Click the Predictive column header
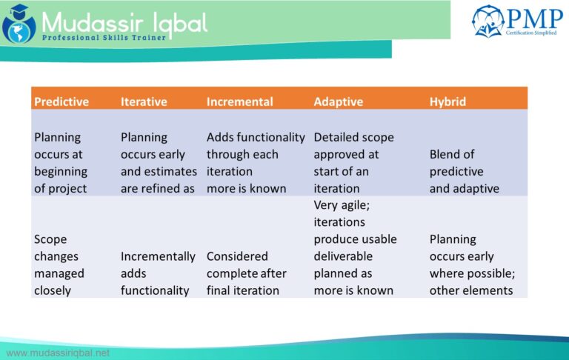(x=61, y=101)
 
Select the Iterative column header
(x=144, y=101)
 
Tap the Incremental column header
(x=239, y=101)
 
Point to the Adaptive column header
(x=338, y=102)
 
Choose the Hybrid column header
(x=447, y=102)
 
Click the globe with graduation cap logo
(x=19, y=24)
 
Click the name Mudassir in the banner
(x=92, y=23)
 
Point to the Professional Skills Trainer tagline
(x=104, y=38)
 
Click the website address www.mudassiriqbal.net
(x=58, y=353)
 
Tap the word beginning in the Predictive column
(x=61, y=172)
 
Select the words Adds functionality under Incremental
(x=256, y=137)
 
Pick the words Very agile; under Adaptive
(x=342, y=205)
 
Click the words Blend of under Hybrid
(x=452, y=154)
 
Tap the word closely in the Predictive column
(x=53, y=290)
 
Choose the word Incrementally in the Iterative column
(x=158, y=256)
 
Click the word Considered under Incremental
(x=237, y=256)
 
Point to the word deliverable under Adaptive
(x=343, y=256)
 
